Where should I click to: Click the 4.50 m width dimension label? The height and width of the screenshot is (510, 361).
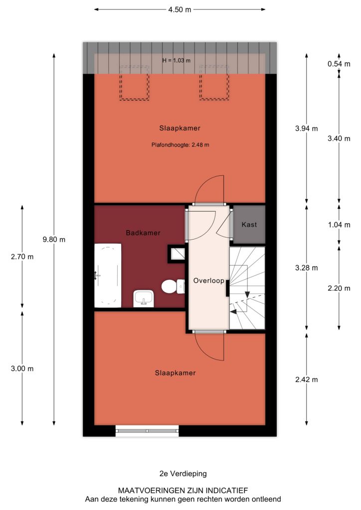[x=180, y=10]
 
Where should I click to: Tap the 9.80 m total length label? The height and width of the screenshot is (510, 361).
[x=54, y=240]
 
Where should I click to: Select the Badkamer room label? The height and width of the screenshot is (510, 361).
[x=143, y=233]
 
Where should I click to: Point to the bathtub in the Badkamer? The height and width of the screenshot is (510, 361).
[x=108, y=275]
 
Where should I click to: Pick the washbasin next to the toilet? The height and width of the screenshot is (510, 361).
[x=143, y=299]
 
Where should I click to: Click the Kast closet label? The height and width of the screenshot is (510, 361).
[x=249, y=225]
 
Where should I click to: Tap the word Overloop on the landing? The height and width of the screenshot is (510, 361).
[x=208, y=281]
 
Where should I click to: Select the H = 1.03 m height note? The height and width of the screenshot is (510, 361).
[x=177, y=60]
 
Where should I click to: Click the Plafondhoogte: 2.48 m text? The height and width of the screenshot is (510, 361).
[x=180, y=145]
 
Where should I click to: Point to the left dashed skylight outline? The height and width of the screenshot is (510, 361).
[x=134, y=83]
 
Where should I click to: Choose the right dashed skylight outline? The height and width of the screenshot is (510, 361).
[x=214, y=83]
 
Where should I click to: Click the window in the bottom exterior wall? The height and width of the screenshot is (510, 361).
[x=147, y=431]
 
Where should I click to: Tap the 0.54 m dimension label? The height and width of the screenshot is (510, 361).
[x=339, y=64]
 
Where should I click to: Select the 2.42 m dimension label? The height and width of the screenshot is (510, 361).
[x=306, y=380]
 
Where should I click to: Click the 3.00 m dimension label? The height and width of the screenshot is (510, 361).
[x=22, y=369]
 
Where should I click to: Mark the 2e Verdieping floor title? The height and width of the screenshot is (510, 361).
[x=183, y=474]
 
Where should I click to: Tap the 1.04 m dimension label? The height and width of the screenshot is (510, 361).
[x=339, y=225]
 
